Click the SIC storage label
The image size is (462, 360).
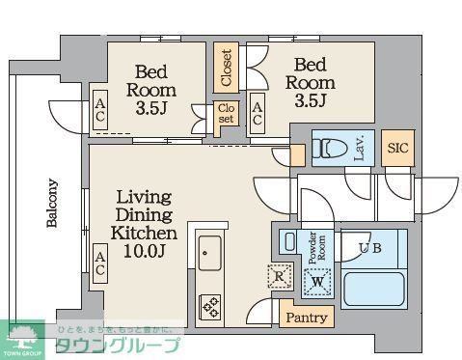(395, 148)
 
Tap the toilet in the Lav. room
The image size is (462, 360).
(330, 149)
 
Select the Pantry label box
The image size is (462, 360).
(305, 317)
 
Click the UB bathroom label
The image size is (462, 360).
(370, 248)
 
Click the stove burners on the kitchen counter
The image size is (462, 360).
(210, 306)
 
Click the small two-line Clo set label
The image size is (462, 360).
(225, 114)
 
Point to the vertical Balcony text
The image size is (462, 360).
(52, 203)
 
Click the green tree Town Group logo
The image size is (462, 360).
(25, 335)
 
